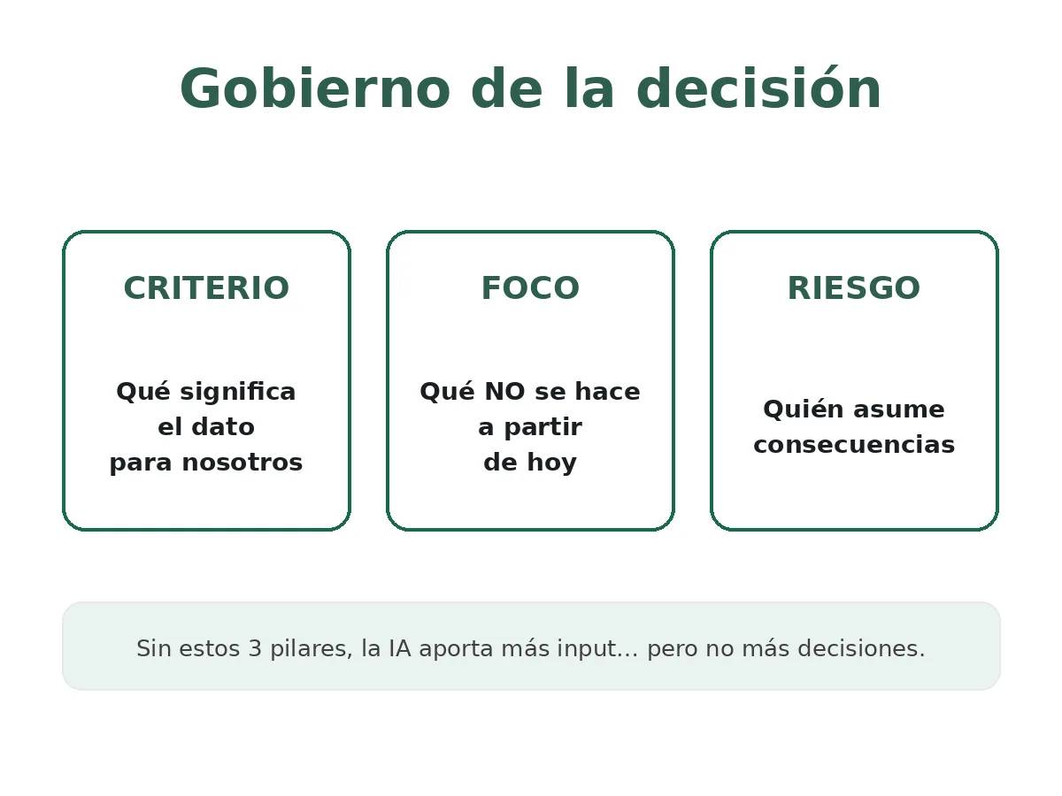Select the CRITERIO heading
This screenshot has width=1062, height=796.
[206, 289]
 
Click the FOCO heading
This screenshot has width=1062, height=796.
[530, 289]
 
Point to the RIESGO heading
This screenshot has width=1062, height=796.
[854, 289]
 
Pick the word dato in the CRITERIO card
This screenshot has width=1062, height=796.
[229, 428]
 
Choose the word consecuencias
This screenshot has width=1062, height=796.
[854, 445]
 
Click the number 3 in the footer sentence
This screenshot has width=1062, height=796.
[254, 649]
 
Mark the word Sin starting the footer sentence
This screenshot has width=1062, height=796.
[154, 649]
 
